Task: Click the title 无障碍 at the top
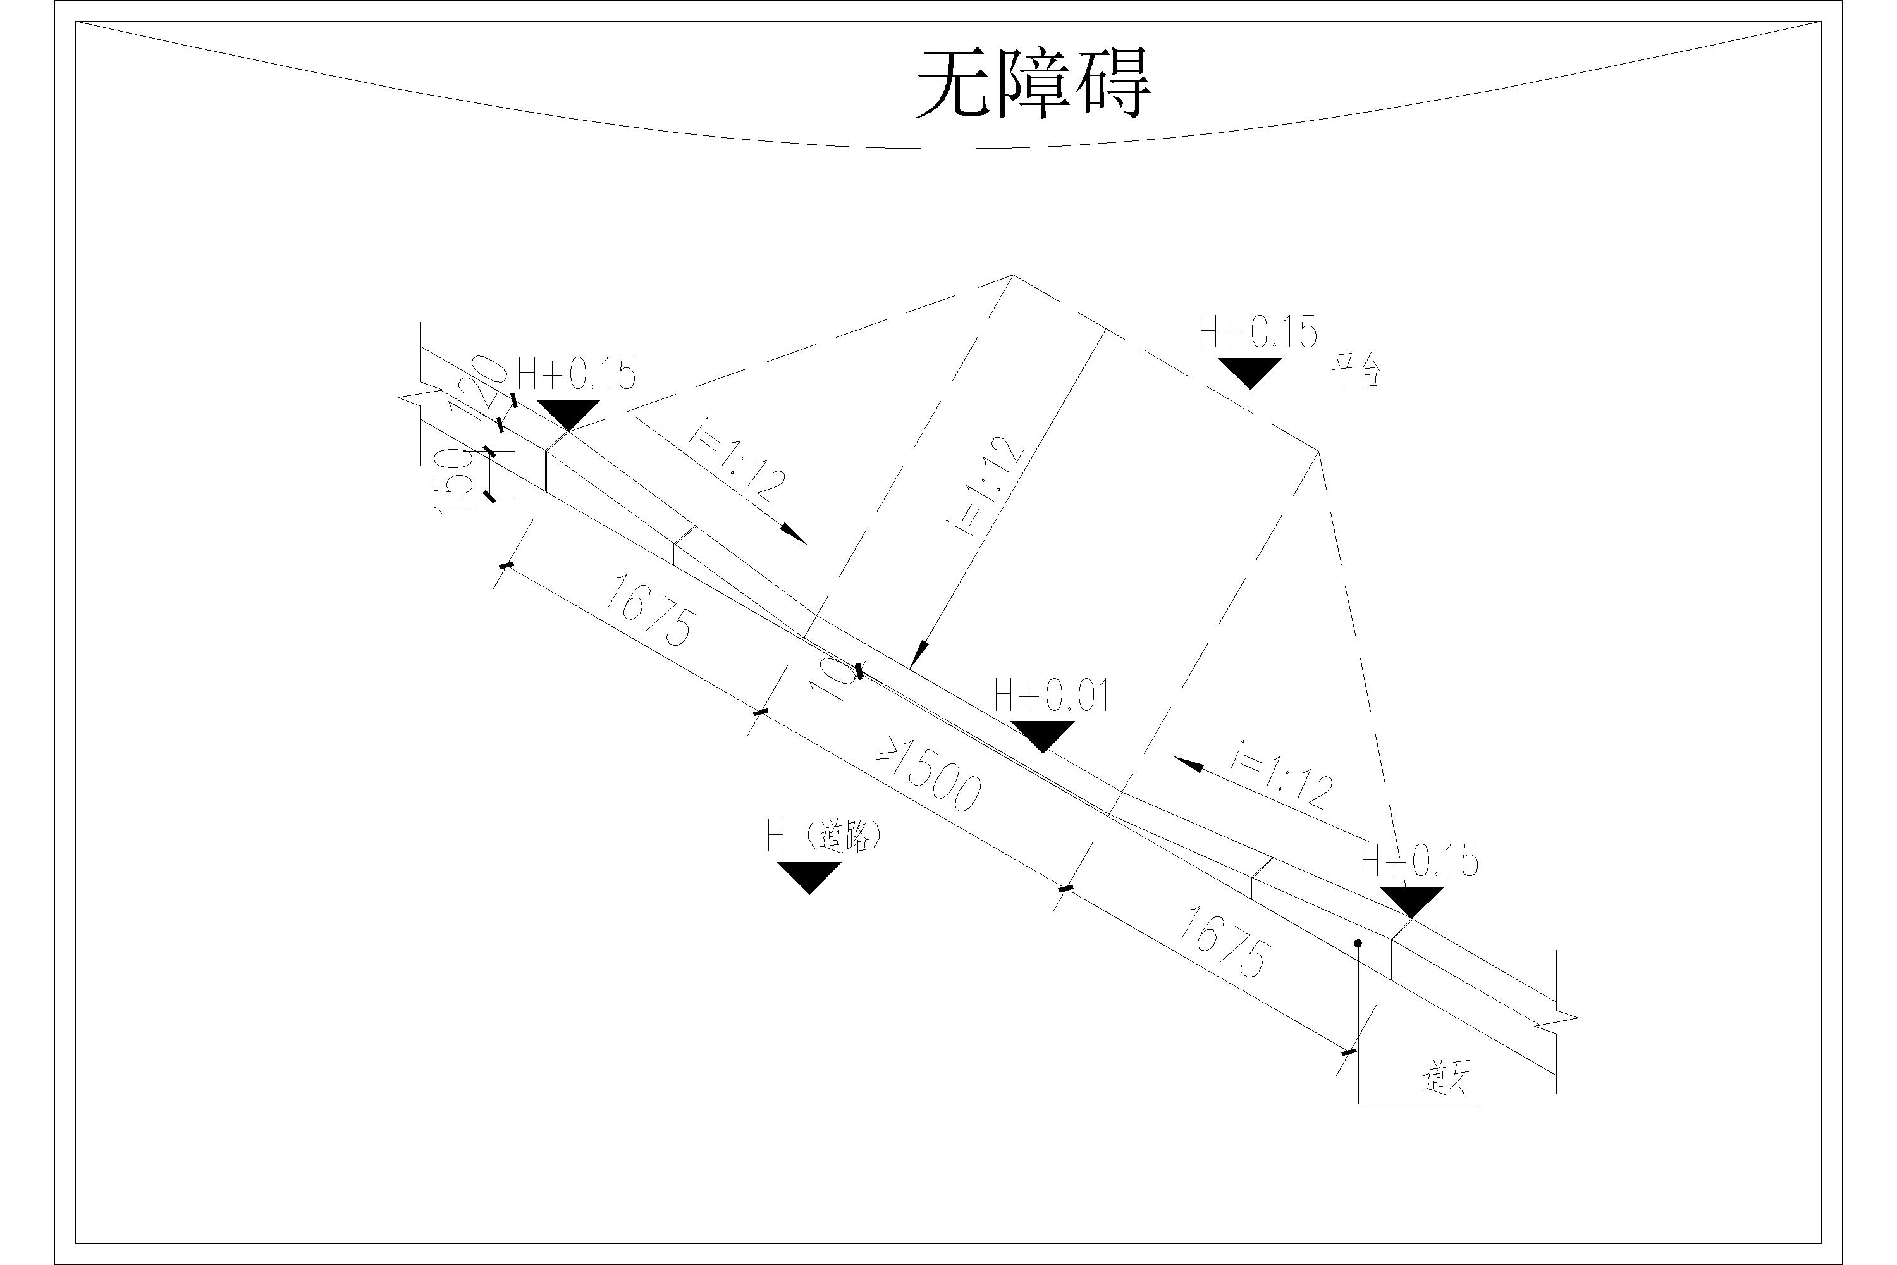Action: pos(1033,84)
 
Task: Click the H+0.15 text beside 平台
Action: pos(1258,333)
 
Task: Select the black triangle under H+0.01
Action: pos(1042,735)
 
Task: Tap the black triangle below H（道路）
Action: pos(809,876)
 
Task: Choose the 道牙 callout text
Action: pos(1448,1078)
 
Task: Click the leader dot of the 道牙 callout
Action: pos(1358,943)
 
